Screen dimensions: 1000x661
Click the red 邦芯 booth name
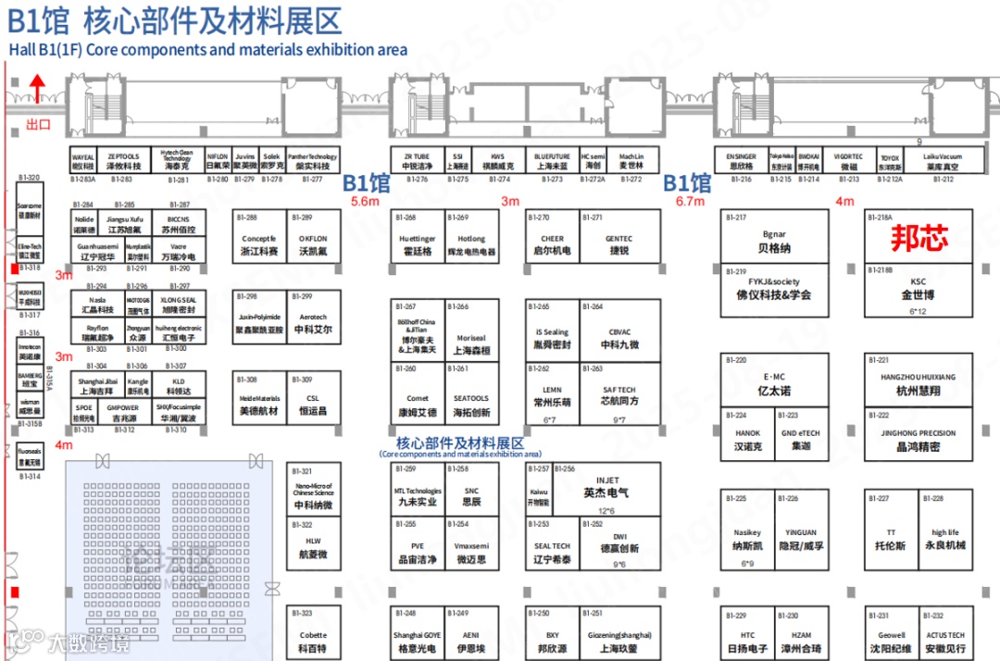click(x=919, y=239)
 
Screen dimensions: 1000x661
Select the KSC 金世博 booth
click(x=918, y=290)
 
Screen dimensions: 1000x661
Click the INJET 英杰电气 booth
click(x=606, y=487)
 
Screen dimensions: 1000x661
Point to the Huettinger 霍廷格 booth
click(x=417, y=244)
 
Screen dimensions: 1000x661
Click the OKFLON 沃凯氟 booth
click(x=313, y=244)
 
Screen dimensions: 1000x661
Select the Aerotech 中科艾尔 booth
click(x=313, y=323)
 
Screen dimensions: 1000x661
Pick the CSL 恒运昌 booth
click(x=313, y=404)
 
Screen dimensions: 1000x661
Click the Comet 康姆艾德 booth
click(x=417, y=405)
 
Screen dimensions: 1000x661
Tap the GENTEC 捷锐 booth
click(x=619, y=244)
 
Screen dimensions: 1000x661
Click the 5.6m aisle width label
click(x=365, y=201)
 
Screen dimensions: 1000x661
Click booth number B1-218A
click(x=881, y=218)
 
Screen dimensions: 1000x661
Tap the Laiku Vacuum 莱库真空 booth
click(x=942, y=162)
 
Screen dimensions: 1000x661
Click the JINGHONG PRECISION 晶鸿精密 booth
click(x=918, y=440)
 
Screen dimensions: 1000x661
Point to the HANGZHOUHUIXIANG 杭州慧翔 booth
click(x=918, y=384)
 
